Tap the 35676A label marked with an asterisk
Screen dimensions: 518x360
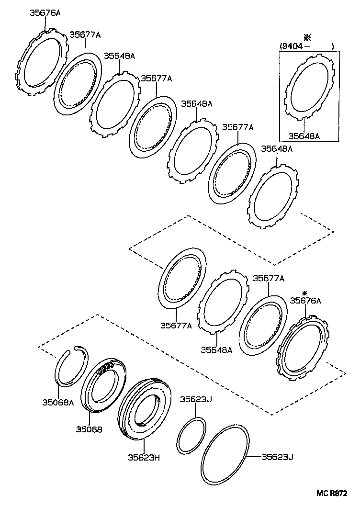[x=305, y=300]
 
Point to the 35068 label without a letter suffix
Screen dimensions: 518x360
[x=89, y=429]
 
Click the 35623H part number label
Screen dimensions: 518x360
[x=143, y=457]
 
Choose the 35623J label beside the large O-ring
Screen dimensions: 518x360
[x=277, y=456]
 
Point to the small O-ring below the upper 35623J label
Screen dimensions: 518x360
[x=191, y=436]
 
